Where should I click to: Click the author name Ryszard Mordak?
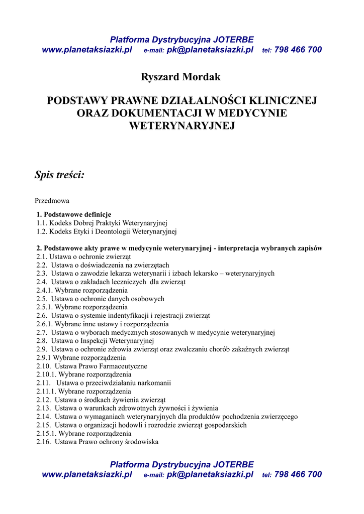click(x=181, y=77)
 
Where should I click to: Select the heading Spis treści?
click(x=59, y=175)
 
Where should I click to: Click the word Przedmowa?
click(x=52, y=201)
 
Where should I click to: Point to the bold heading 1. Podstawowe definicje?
click(x=73, y=214)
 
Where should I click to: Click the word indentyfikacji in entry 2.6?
click(x=119, y=316)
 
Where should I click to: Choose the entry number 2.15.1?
click(x=46, y=434)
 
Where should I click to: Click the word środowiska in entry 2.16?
click(x=142, y=442)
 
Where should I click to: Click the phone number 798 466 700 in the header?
click(x=298, y=50)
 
